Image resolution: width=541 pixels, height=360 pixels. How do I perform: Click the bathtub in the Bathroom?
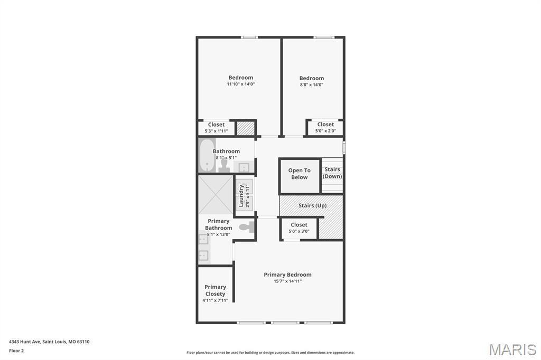pos(207,155)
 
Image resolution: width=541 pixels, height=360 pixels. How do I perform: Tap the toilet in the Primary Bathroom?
pos(247,228)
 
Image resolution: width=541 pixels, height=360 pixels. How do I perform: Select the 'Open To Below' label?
pos(299,174)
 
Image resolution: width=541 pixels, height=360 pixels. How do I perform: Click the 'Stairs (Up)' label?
pos(313,205)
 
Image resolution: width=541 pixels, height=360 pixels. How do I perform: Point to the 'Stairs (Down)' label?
pos(332,173)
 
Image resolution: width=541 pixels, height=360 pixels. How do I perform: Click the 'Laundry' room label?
pos(241,195)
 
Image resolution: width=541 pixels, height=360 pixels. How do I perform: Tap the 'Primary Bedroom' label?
pos(287,274)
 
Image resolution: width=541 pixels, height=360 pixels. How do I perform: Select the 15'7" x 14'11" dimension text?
pos(287,281)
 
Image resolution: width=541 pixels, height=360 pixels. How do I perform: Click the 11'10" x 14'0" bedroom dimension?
pos(241,84)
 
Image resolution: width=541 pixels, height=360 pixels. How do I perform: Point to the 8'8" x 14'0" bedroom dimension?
pos(311,84)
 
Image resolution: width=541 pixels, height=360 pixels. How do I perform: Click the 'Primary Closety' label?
pos(215,290)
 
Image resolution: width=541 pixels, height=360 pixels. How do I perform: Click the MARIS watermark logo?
pos(512,349)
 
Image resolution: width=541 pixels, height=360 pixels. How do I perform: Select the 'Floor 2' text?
pos(16,350)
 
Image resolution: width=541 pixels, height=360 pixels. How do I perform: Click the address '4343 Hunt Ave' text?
pos(25,342)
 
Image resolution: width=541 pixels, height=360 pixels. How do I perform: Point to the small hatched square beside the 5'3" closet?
pos(245,128)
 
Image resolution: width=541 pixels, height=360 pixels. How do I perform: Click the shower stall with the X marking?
pos(216,195)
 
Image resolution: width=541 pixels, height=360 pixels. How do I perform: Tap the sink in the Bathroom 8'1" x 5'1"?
pos(244,168)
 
